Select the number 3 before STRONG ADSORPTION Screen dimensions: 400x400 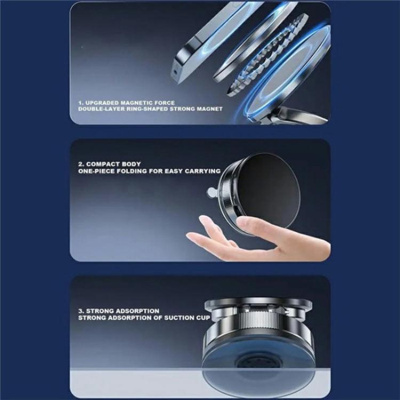pyautogui.click(x=80, y=310)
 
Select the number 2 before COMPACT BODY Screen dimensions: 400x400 pyautogui.click(x=81, y=164)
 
